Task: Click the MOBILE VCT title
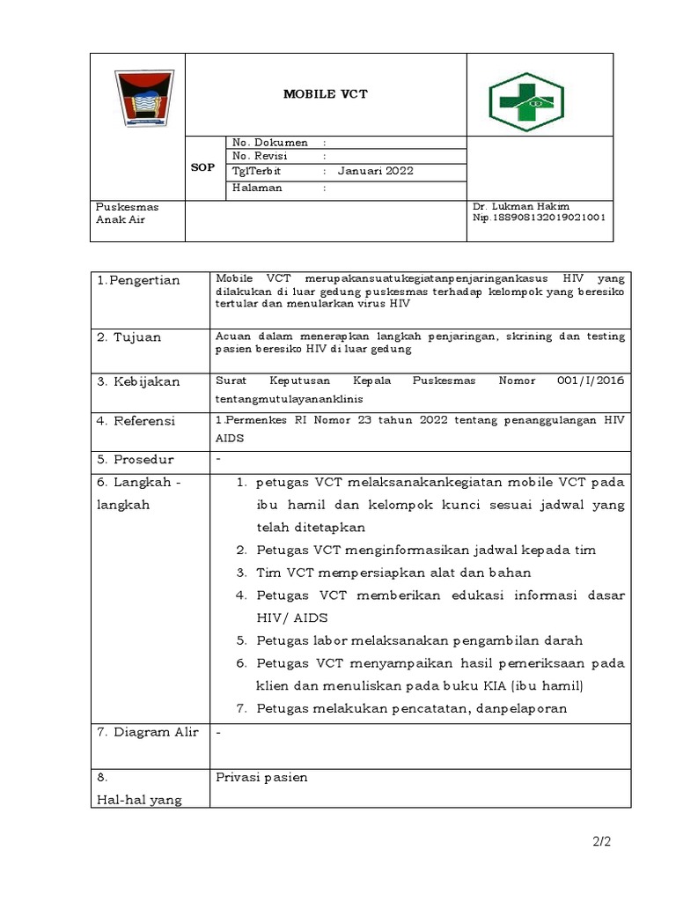coord(325,94)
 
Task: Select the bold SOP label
coord(202,166)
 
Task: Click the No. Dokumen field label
coord(269,142)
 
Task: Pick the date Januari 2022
coord(375,171)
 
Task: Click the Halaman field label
coord(257,187)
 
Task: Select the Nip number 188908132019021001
coord(539,217)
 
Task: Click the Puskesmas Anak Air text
coord(128,212)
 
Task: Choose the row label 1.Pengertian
coord(138,280)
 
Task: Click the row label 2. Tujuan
coord(129,336)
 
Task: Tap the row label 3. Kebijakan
coord(138,381)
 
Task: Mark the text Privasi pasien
coord(261,777)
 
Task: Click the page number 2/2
coord(601,841)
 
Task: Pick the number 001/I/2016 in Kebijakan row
coord(591,381)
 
